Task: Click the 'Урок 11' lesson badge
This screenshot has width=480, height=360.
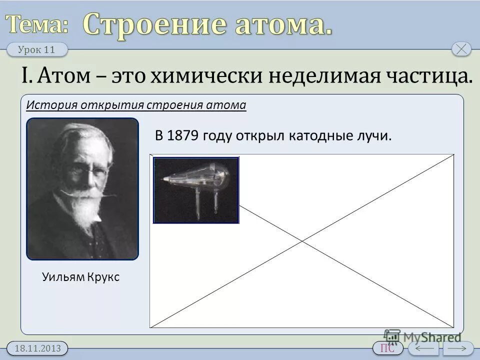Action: (38, 49)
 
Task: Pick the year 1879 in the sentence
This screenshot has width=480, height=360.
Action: (183, 136)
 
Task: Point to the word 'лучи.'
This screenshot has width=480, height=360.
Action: (374, 136)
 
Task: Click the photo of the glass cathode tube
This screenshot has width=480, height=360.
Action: (196, 190)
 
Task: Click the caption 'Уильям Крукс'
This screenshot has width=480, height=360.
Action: (81, 276)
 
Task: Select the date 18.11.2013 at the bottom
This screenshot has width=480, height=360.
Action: (38, 348)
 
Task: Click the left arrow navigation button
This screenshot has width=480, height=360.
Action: (423, 348)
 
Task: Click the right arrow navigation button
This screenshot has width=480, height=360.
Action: (458, 348)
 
